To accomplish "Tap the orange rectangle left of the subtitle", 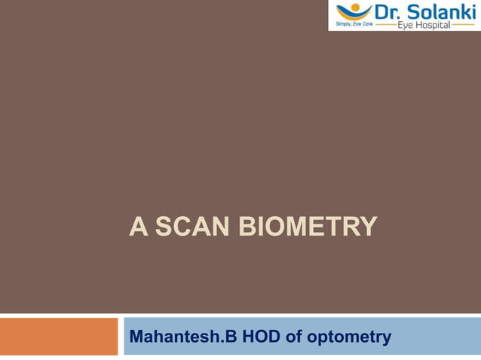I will [60, 336].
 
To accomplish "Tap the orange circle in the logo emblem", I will [353, 5].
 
